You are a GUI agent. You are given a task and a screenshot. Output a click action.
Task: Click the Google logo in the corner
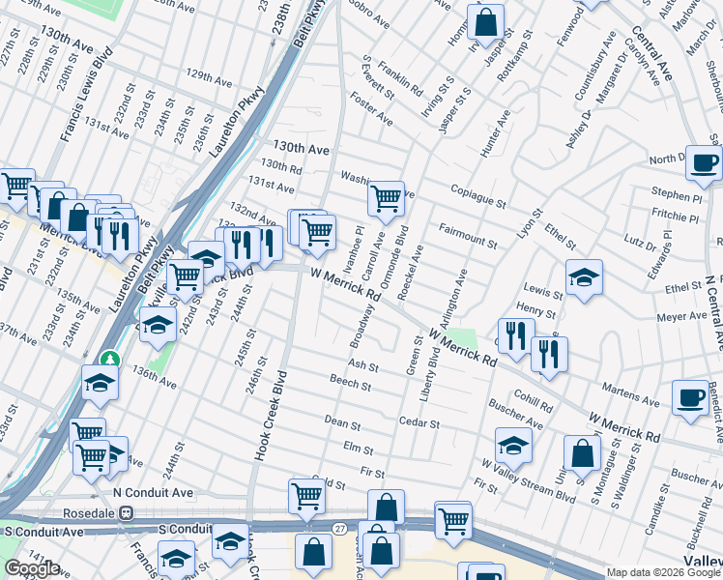click(32, 568)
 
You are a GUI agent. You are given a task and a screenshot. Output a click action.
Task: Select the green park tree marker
click(111, 359)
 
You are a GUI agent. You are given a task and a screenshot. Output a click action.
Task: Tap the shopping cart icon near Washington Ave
click(386, 198)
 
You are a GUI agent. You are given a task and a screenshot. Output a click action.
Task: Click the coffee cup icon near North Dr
click(704, 161)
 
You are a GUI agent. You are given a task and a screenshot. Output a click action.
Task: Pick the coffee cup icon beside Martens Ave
click(690, 398)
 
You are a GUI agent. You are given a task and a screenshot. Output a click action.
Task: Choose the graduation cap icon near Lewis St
click(584, 278)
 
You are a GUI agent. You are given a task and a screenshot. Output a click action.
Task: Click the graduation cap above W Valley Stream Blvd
click(513, 445)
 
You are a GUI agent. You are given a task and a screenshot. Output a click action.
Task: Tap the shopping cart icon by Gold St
click(306, 496)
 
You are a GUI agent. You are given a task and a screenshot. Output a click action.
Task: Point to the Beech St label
click(350, 385)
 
